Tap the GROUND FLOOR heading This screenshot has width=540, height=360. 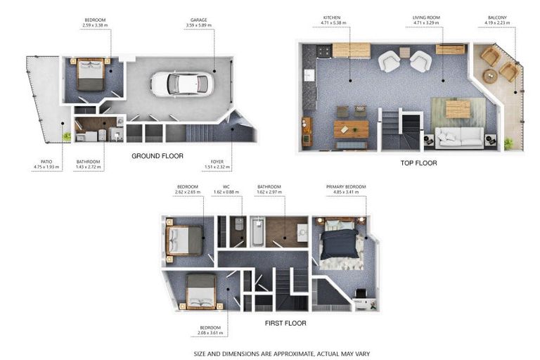[x=157, y=155]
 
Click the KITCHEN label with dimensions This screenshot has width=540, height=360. [x=332, y=20]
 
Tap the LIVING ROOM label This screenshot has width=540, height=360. [x=427, y=20]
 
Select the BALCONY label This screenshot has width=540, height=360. [x=498, y=20]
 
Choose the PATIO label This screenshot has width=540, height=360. [x=46, y=164]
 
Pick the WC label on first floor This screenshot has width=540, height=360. [x=221, y=189]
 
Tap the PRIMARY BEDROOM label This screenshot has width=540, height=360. [x=346, y=189]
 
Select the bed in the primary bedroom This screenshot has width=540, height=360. [x=340, y=243]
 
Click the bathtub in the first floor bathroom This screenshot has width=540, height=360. [x=257, y=231]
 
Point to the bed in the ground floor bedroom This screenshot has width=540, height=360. [x=91, y=74]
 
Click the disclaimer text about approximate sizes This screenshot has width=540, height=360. [x=281, y=353]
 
